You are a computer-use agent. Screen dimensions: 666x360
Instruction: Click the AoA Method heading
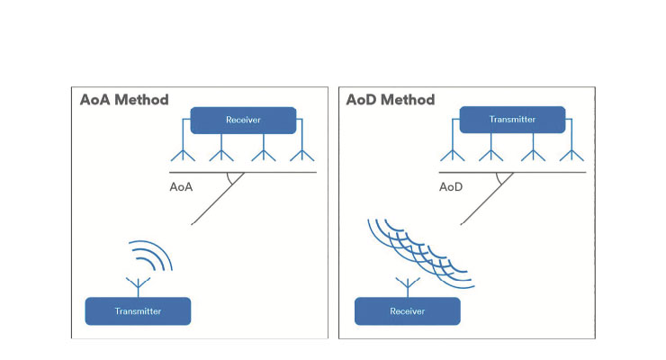click(124, 100)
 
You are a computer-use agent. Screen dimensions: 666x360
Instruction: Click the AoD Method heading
click(391, 100)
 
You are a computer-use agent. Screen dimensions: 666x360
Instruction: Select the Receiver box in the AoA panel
click(243, 120)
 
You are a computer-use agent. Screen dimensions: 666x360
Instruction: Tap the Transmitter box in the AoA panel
click(138, 311)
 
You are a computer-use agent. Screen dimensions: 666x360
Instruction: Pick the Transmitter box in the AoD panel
click(513, 120)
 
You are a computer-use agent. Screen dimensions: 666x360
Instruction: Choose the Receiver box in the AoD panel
click(408, 311)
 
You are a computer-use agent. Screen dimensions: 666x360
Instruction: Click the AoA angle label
click(182, 187)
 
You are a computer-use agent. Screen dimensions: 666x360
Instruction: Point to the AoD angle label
click(451, 187)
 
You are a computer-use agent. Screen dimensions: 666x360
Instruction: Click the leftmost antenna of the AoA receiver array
click(183, 153)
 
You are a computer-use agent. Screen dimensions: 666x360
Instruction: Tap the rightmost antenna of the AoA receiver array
click(302, 153)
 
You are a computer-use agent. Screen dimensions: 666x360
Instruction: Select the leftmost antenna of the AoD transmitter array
click(453, 153)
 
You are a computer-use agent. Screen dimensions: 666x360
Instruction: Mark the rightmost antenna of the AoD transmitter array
click(571, 153)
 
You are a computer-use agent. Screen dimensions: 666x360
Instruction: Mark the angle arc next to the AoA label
click(229, 180)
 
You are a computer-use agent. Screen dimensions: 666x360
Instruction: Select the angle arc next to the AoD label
click(499, 180)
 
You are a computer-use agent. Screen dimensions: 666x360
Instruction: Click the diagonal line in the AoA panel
click(218, 199)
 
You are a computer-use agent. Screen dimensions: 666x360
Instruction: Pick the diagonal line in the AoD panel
click(488, 199)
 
